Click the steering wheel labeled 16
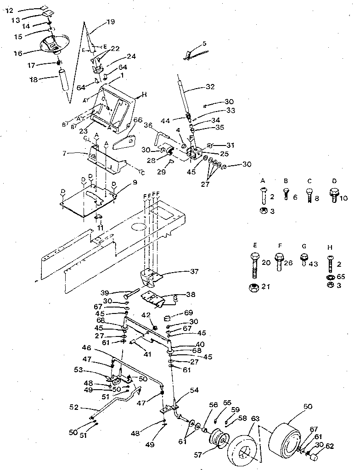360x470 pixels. click(52, 46)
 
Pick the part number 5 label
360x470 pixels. click(204, 44)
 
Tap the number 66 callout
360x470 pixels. click(139, 120)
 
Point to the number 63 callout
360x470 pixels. click(255, 418)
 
